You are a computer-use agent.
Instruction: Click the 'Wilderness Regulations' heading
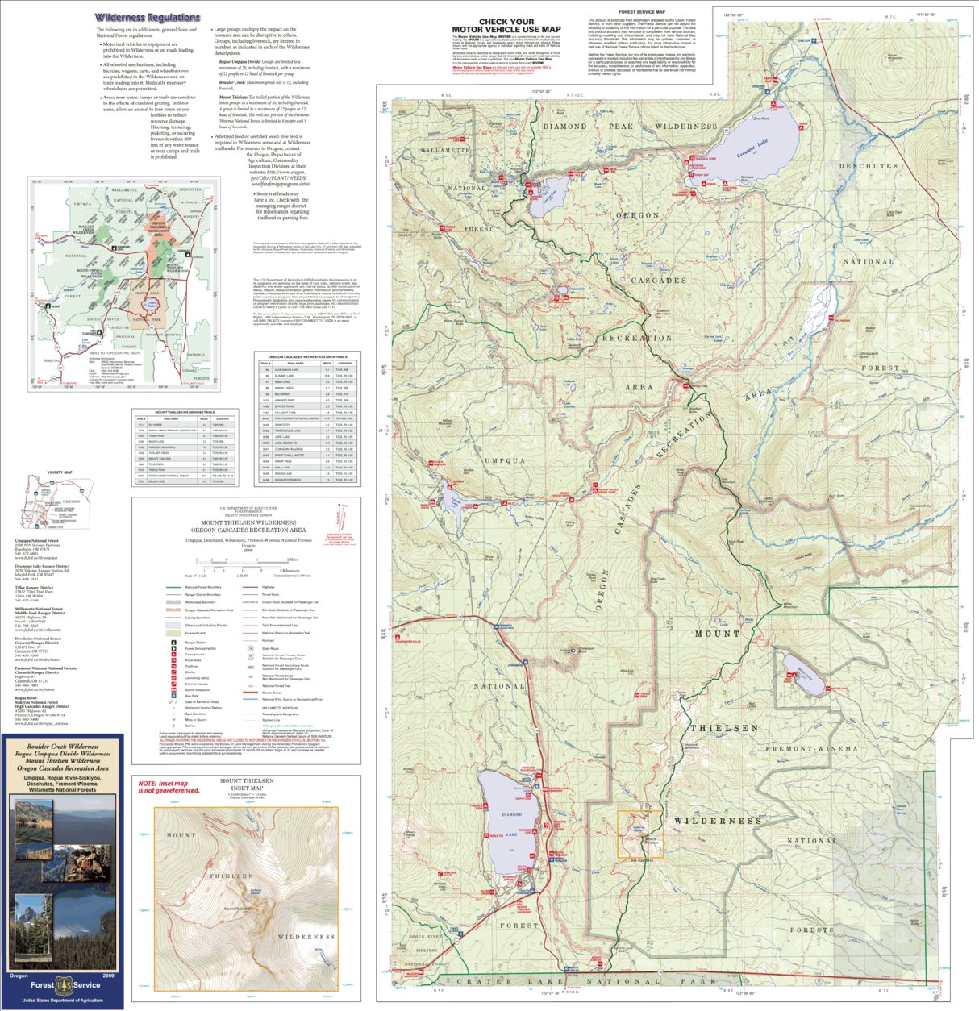click(147, 17)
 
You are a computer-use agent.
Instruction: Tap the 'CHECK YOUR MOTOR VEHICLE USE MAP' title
click(506, 26)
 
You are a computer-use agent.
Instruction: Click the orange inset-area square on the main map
click(640, 834)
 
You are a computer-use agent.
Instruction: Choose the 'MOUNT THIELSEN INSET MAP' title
click(247, 785)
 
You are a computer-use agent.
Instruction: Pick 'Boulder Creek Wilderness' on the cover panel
click(62, 747)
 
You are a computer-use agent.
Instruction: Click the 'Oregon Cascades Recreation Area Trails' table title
click(307, 356)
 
